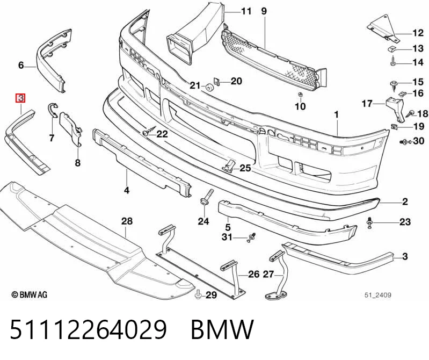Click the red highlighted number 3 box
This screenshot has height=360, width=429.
pos(21,98)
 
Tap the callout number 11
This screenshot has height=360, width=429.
pos(246,11)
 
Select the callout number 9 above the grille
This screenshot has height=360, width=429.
pos(264,11)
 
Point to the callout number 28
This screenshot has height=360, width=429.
pos(127,221)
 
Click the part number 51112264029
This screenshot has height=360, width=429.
pos(88,329)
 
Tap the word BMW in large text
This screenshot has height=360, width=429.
pos(222,329)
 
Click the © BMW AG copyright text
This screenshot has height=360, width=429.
pos(30,294)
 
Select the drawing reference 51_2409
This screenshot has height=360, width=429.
pos(378,295)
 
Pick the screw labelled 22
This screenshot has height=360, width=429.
pos(149,131)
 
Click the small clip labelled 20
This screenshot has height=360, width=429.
pos(217,81)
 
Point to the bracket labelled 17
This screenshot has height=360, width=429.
pos(395,109)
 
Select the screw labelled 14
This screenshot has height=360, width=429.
pos(394,61)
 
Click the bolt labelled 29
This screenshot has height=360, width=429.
pos(198,295)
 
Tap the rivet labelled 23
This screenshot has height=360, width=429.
pos(370,222)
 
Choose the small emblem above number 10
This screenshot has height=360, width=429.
pos(301,95)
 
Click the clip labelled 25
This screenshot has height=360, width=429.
pos(229,165)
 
